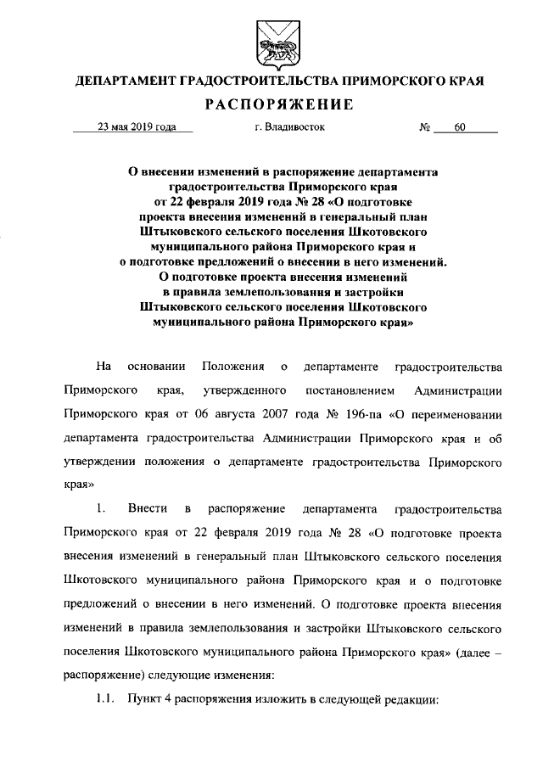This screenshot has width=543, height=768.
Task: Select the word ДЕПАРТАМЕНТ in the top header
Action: click(125, 82)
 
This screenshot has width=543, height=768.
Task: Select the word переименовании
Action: click(456, 415)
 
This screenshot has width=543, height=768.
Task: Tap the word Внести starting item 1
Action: click(146, 510)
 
